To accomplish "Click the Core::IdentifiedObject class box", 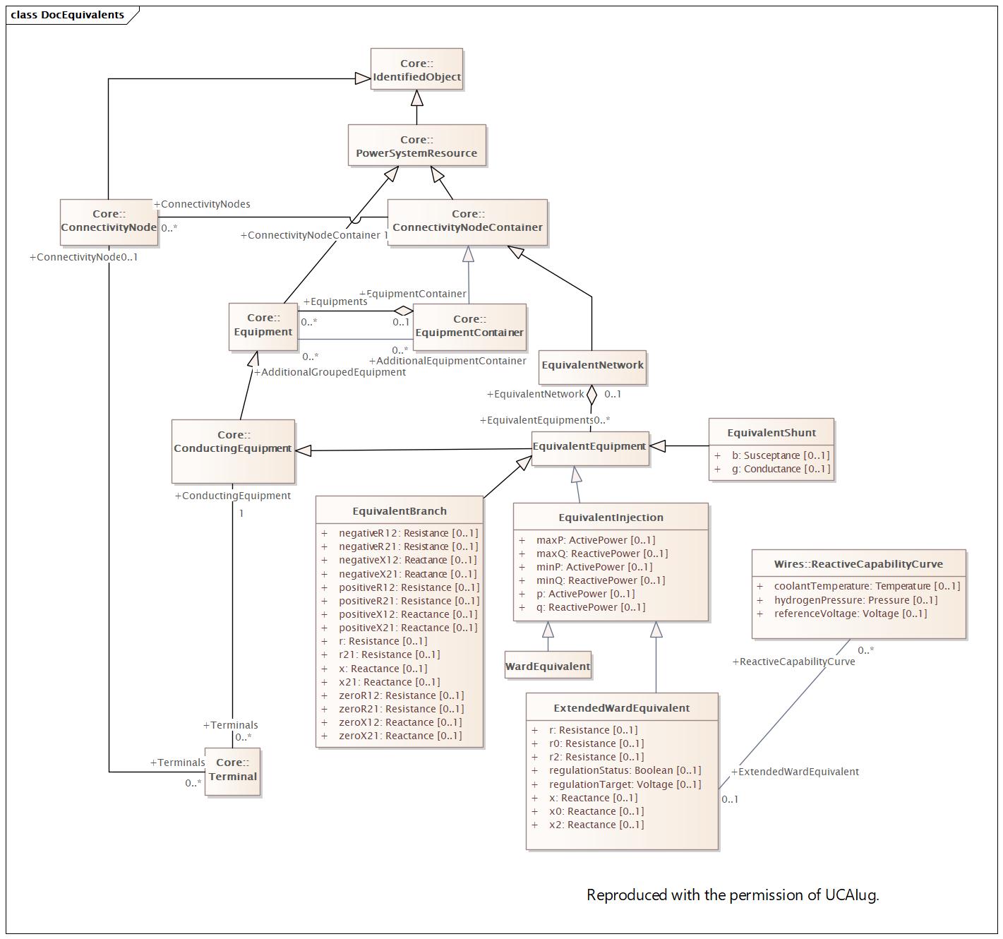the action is [x=416, y=69].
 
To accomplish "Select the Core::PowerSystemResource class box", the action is [x=417, y=145].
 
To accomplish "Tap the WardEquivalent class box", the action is [x=548, y=665].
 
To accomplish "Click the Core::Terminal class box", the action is [x=233, y=772].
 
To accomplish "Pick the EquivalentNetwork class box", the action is [x=592, y=367].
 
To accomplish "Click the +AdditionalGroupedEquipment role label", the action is [x=330, y=372].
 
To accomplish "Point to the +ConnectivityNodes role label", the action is [x=202, y=204].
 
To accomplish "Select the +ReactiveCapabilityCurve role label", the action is [x=794, y=662].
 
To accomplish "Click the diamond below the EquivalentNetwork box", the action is [x=592, y=395].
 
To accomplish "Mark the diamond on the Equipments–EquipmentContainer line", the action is [x=404, y=311].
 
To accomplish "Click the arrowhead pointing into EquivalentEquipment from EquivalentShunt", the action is [x=657, y=446].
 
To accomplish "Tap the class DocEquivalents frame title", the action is [x=67, y=15].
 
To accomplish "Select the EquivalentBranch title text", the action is [x=400, y=511].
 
